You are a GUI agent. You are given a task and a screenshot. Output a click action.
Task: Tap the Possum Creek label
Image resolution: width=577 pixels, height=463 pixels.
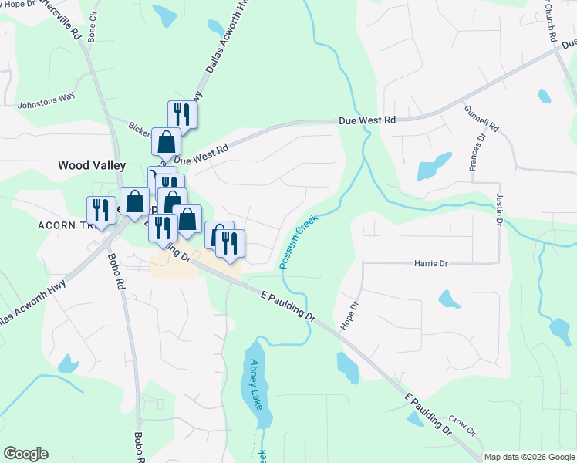(x=299, y=242)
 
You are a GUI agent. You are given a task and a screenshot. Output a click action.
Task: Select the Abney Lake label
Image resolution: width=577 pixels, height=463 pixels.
(x=256, y=384)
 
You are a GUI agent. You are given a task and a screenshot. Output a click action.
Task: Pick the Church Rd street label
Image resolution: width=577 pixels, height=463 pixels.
(x=550, y=21)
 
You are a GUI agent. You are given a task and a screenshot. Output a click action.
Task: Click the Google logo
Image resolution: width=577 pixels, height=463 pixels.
(x=25, y=454)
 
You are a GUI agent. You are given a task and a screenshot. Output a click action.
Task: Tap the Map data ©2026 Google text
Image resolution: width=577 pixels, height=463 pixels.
(x=528, y=457)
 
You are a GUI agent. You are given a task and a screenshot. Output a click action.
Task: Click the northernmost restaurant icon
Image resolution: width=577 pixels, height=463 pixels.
(x=182, y=115)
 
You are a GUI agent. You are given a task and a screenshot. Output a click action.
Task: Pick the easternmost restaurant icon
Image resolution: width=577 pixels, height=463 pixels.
(x=230, y=243)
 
